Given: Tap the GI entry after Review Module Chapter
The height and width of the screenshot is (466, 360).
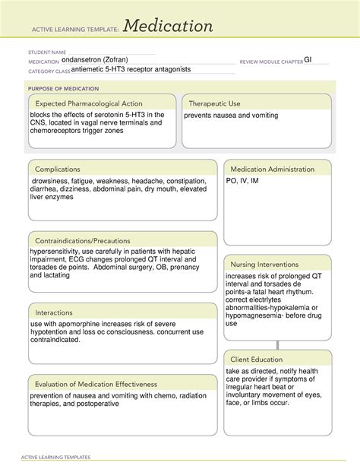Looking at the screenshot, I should coord(308,59).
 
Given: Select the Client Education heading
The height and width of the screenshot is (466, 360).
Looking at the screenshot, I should coord(257,359).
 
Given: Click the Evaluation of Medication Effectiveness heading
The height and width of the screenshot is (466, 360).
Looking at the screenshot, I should coord(99,383).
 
